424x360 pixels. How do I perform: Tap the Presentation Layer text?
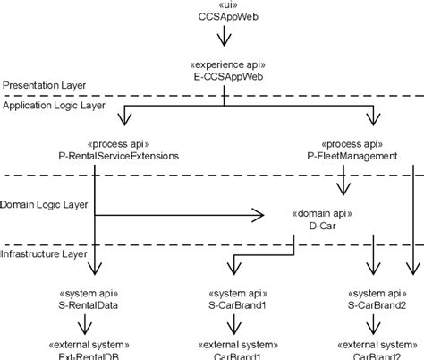pyautogui.click(x=44, y=85)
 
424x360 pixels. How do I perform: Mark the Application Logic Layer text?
pyautogui.click(x=55, y=105)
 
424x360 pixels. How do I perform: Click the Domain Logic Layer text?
pyautogui.click(x=44, y=204)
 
